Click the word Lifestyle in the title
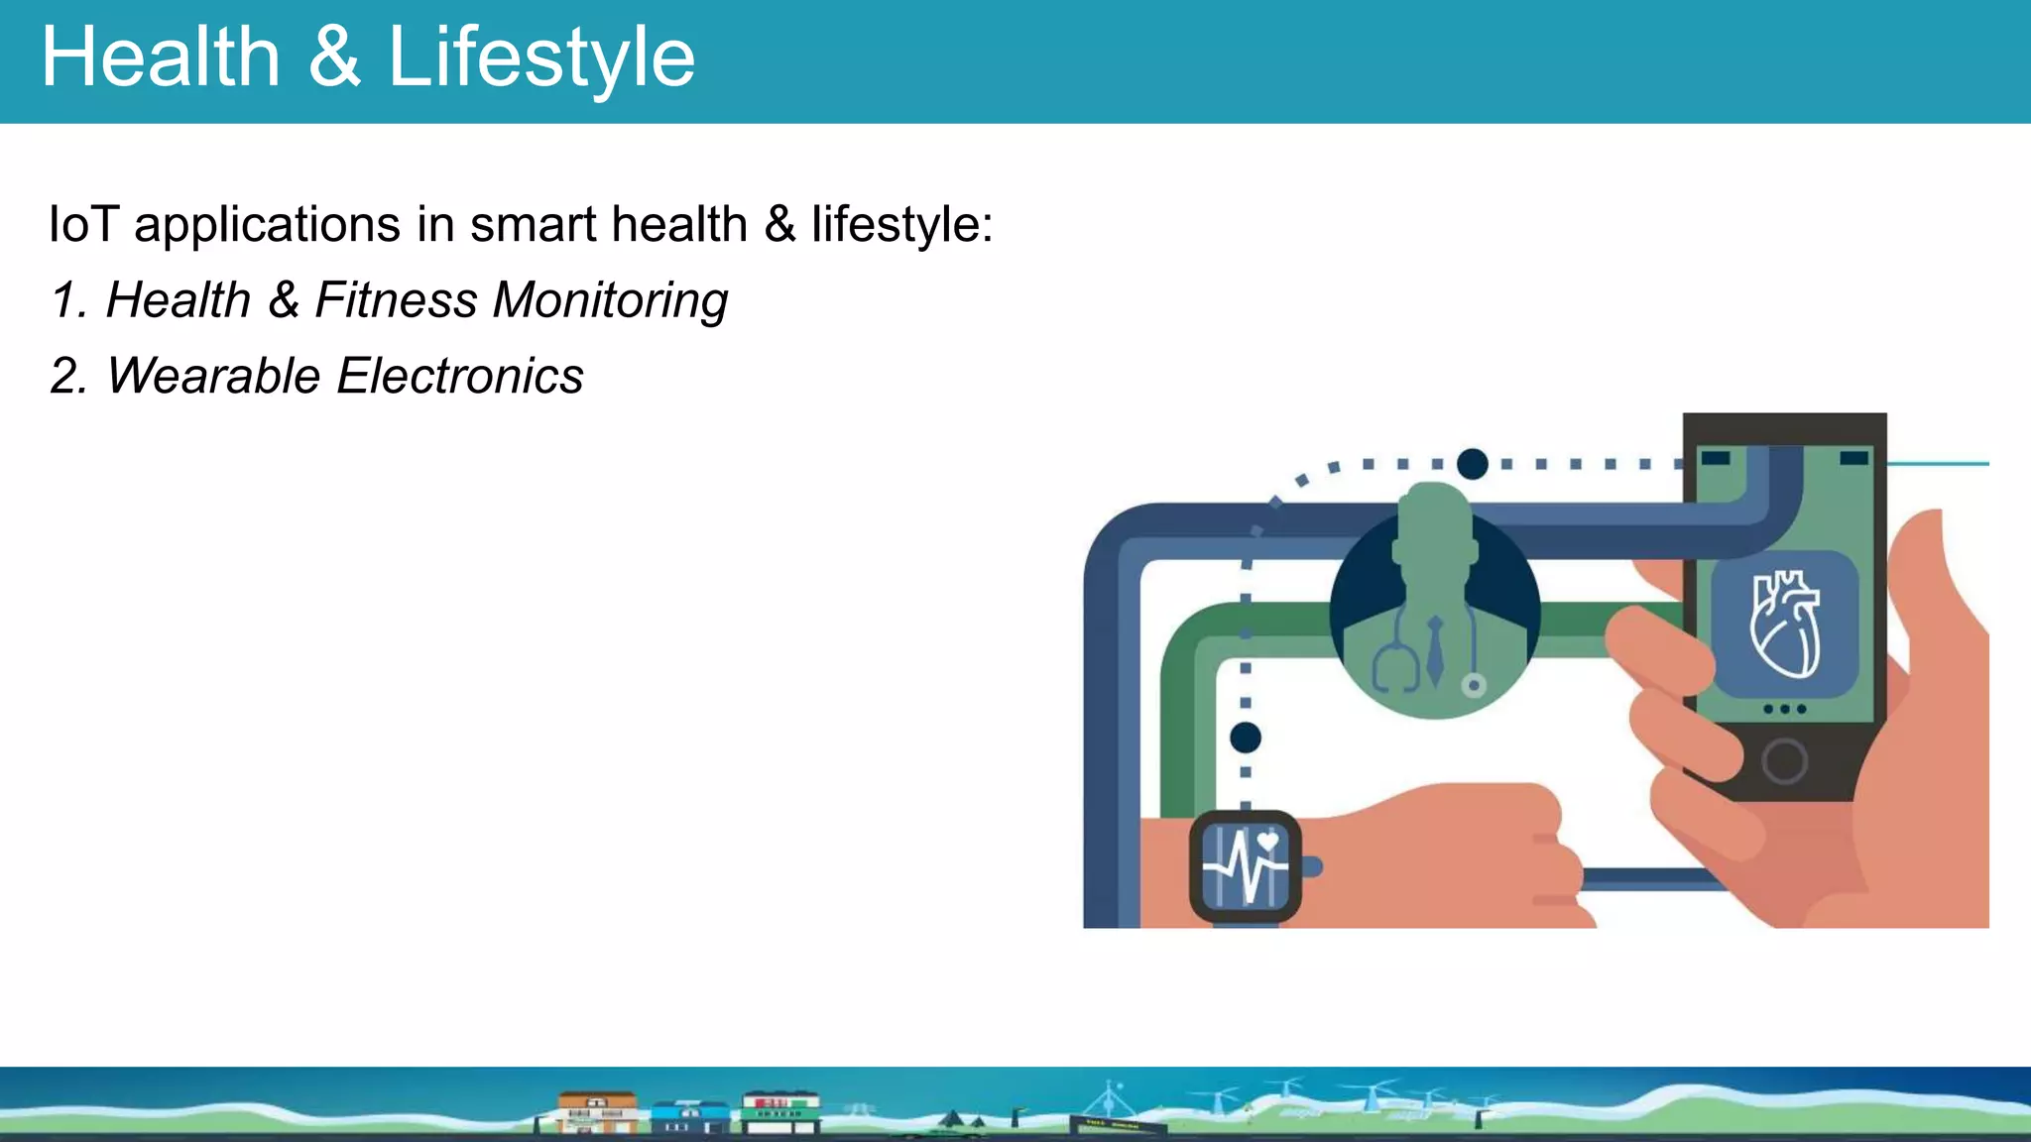coord(540,57)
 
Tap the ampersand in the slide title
coord(333,57)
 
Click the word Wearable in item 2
coord(213,377)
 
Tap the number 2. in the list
coord(69,377)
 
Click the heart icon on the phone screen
coord(1785,625)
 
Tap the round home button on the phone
coord(1784,761)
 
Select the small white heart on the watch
coord(1267,842)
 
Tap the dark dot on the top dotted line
coord(1473,463)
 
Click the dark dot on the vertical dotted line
coord(1246,738)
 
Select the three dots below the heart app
coord(1784,709)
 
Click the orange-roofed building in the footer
coord(597,1112)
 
